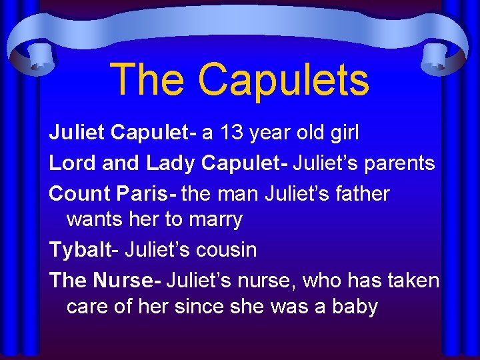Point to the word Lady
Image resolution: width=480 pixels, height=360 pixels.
pos(170,162)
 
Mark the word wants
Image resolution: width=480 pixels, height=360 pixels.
pos(92,219)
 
